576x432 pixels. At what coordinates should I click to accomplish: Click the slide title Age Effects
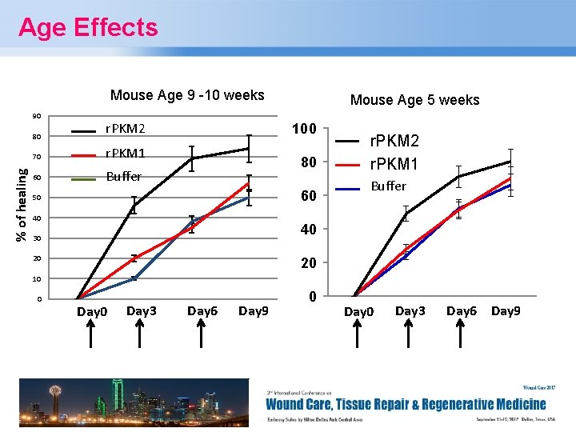click(88, 28)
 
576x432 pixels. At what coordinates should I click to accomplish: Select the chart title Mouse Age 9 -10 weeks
click(187, 95)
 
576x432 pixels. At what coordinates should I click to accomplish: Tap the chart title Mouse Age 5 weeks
click(414, 100)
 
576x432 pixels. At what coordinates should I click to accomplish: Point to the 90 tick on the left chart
click(37, 117)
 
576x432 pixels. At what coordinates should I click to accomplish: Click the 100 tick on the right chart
click(304, 129)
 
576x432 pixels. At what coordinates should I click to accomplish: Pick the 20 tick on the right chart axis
click(308, 263)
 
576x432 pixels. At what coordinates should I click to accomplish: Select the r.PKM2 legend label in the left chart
click(126, 129)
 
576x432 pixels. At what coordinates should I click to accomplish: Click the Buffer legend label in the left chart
click(124, 176)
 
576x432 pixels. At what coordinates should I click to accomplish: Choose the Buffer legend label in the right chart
click(387, 186)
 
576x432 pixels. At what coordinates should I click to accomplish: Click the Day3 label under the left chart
click(142, 310)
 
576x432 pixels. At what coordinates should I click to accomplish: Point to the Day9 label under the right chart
click(506, 310)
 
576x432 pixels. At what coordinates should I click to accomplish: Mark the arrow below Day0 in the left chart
click(90, 334)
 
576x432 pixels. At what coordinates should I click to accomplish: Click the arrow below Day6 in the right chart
click(462, 334)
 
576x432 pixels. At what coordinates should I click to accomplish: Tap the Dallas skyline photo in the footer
click(134, 403)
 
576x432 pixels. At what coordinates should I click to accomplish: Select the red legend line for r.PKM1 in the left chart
click(86, 154)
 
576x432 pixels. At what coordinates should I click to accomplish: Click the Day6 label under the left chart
click(202, 310)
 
